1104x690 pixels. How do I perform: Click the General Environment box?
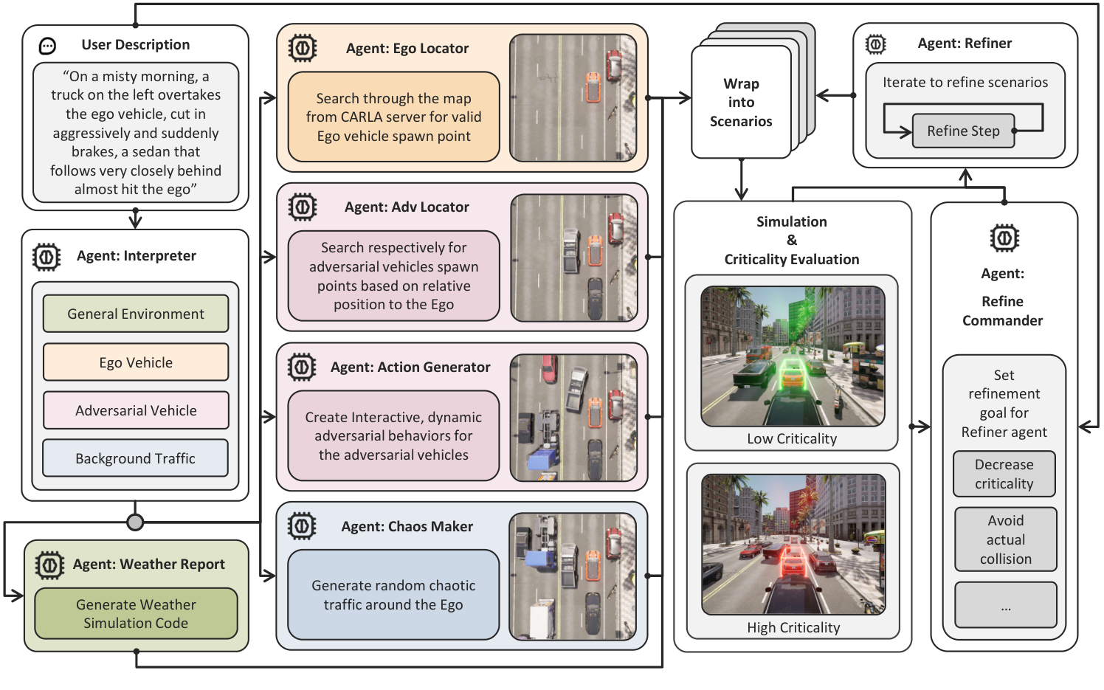[136, 314]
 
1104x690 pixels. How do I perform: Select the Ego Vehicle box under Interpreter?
[136, 362]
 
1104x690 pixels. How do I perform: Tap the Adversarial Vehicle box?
[136, 410]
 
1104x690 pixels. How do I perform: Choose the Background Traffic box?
[136, 458]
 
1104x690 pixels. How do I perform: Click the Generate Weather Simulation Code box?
[136, 613]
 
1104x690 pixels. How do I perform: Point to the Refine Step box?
[963, 131]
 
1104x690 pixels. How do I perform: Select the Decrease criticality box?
[1004, 474]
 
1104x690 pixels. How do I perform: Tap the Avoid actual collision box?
[1005, 539]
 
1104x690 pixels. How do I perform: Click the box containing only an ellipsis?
[1005, 605]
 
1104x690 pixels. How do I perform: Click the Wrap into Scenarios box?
[741, 103]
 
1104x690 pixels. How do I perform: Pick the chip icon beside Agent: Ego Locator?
[302, 48]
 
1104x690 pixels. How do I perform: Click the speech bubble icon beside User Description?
[47, 46]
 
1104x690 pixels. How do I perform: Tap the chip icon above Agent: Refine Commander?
[1004, 238]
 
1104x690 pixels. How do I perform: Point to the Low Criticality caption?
[792, 439]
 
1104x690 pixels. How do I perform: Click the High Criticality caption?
[793, 628]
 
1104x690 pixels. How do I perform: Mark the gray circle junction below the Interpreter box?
[135, 522]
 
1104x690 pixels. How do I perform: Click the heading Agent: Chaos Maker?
[407, 526]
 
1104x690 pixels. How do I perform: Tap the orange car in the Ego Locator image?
[592, 87]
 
